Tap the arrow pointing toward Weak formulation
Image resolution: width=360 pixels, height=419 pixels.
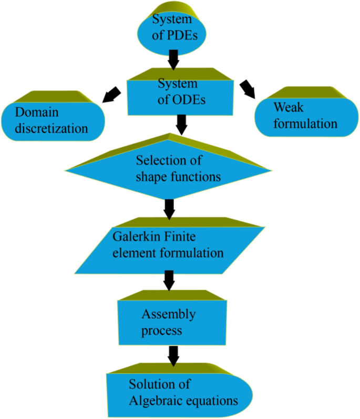247,89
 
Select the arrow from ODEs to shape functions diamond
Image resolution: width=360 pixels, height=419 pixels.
181,125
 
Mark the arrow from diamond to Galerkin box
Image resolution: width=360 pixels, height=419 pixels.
169,209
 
